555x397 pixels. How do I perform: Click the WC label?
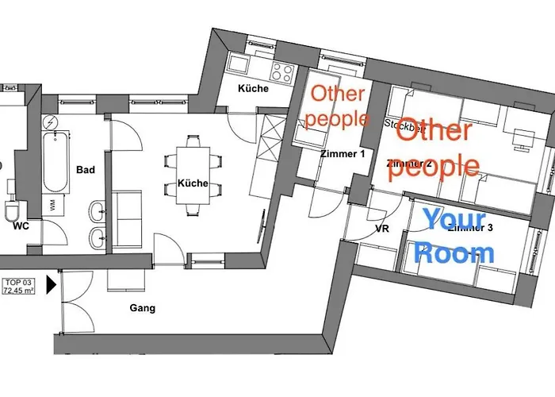click(x=21, y=225)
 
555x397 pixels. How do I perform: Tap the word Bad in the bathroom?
click(x=86, y=170)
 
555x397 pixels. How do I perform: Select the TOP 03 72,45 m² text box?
click(x=24, y=286)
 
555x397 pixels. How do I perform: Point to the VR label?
click(x=381, y=230)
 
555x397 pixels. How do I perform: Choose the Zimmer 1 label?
click(x=343, y=154)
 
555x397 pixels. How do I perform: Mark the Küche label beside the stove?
click(x=253, y=88)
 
